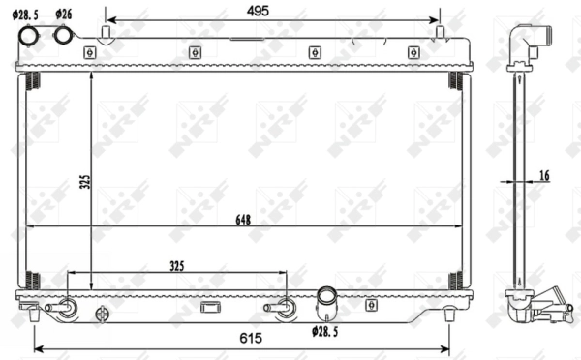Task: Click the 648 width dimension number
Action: (242, 220)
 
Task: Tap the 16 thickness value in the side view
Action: (544, 174)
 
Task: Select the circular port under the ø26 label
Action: (65, 36)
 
